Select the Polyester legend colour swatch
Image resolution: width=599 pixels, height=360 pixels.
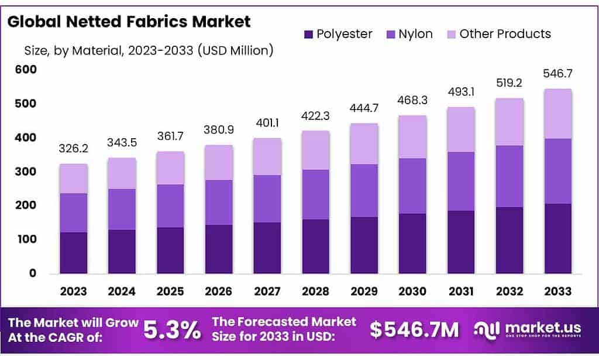308,34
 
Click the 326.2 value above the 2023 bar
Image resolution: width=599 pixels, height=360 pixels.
73,149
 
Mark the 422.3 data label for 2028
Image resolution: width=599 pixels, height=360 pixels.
315,116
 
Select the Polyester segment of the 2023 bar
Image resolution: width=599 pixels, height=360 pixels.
73,253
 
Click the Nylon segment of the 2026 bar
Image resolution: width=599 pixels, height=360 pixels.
218,203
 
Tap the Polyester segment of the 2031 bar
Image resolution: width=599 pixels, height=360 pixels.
461,242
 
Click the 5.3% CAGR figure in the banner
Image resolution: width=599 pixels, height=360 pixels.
173,330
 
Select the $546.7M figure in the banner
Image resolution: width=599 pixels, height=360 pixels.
414,330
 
